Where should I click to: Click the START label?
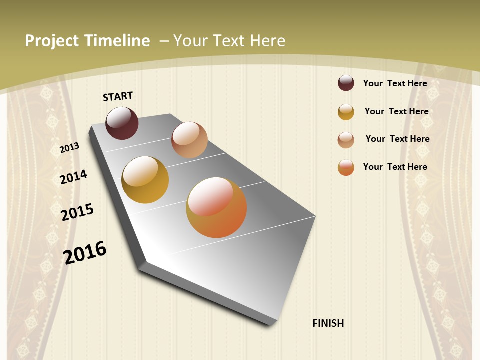click(118, 96)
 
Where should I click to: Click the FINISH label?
click(328, 323)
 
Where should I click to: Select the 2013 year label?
click(70, 147)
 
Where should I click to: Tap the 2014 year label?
click(73, 177)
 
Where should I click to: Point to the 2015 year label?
click(77, 212)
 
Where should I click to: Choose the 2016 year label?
click(85, 252)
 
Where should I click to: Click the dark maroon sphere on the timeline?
click(122, 123)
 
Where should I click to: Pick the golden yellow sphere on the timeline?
click(145, 180)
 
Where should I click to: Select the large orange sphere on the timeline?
click(216, 207)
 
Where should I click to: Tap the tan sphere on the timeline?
click(189, 140)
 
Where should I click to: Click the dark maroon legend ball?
click(346, 83)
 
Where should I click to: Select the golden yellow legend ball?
click(346, 112)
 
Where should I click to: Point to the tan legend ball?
click(346, 140)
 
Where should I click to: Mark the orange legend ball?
click(346, 167)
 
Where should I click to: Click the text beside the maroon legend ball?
click(395, 83)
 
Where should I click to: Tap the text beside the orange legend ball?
click(395, 167)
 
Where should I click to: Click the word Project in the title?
click(52, 41)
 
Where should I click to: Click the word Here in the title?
click(268, 41)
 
